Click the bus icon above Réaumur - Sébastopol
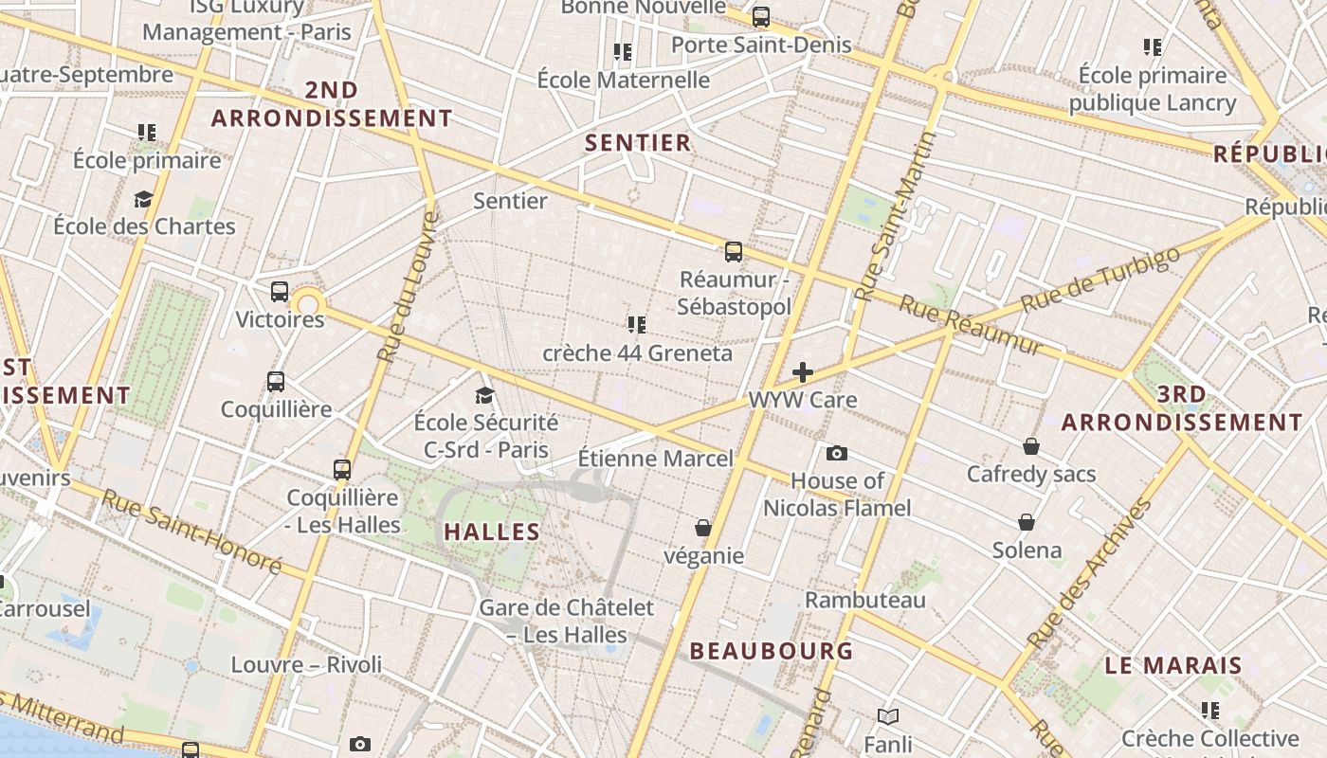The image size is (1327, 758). (x=733, y=251)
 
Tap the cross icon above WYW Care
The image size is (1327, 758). (x=803, y=372)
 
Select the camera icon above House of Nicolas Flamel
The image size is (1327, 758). (x=836, y=453)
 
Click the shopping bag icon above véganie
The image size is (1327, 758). (x=703, y=528)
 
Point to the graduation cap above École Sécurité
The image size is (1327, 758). (x=485, y=395)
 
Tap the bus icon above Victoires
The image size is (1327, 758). (x=279, y=292)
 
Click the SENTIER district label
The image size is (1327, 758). (x=638, y=143)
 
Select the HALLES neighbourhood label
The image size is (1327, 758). (x=492, y=532)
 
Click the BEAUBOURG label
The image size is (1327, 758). (x=771, y=651)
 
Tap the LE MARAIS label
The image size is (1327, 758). (x=1173, y=665)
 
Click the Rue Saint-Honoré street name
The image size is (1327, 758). (x=191, y=532)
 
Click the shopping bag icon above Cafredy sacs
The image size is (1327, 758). (x=1031, y=446)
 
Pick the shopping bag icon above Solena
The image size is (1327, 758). (x=1027, y=522)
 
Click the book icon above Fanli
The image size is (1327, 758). (x=887, y=716)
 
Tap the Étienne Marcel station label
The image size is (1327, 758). (x=655, y=459)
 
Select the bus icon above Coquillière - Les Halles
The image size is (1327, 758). (x=342, y=470)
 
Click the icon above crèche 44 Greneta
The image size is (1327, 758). (x=637, y=325)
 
